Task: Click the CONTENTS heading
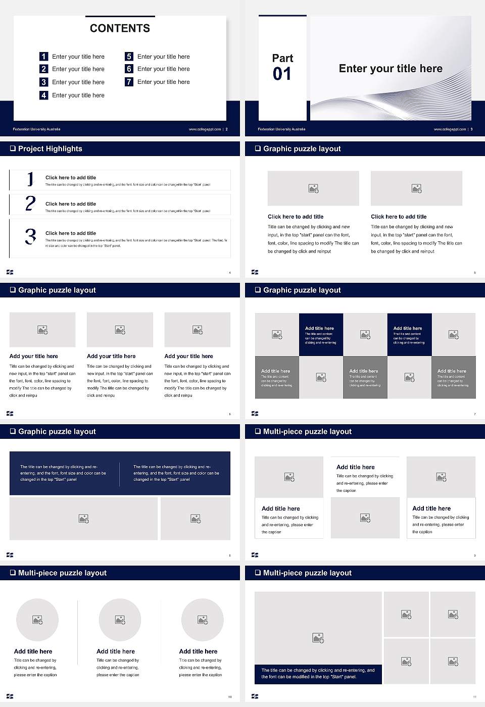click(x=120, y=28)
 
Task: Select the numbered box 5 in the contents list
click(x=129, y=57)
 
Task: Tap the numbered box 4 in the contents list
click(x=44, y=95)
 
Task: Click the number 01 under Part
click(x=282, y=74)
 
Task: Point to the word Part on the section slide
click(x=282, y=58)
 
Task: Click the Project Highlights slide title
click(x=50, y=148)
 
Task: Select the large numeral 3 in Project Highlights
click(x=30, y=236)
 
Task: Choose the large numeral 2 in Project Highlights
click(x=30, y=204)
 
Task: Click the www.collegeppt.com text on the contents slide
click(x=205, y=129)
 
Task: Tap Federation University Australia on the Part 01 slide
click(x=281, y=129)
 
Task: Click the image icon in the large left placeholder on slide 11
click(x=318, y=638)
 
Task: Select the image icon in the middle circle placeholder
click(x=120, y=620)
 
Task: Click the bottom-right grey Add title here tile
click(x=453, y=377)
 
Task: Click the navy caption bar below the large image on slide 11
click(x=318, y=674)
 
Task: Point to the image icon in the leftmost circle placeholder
click(x=37, y=620)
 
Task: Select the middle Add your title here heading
click(x=111, y=356)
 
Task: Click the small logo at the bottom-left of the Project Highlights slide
click(x=10, y=272)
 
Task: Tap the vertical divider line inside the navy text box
click(x=120, y=474)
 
